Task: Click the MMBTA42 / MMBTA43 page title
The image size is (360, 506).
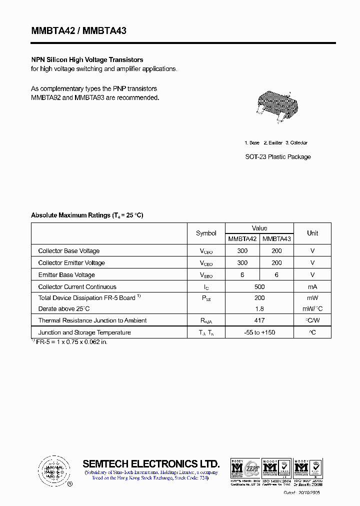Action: (79, 31)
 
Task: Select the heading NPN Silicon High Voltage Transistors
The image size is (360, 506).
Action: (87, 60)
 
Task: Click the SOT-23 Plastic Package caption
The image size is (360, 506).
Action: (277, 157)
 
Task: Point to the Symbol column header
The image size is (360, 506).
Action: (206, 233)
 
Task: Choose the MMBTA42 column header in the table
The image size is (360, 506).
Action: (242, 239)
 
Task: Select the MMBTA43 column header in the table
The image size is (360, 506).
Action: (276, 239)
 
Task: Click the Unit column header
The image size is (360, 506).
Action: (312, 233)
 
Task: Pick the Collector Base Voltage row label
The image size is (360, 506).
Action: (69, 251)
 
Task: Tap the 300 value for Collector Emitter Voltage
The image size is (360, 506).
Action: (242, 263)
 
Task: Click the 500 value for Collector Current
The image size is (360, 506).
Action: (259, 287)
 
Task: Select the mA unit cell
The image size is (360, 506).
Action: (312, 287)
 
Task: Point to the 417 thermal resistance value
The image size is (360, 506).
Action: (259, 320)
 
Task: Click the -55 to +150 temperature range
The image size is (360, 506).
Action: (259, 332)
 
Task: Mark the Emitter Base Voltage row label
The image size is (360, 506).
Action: (66, 275)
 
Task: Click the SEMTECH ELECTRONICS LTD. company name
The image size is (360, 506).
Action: (151, 463)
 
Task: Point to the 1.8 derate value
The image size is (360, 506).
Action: (259, 309)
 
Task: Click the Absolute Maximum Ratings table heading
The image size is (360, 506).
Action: (87, 215)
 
